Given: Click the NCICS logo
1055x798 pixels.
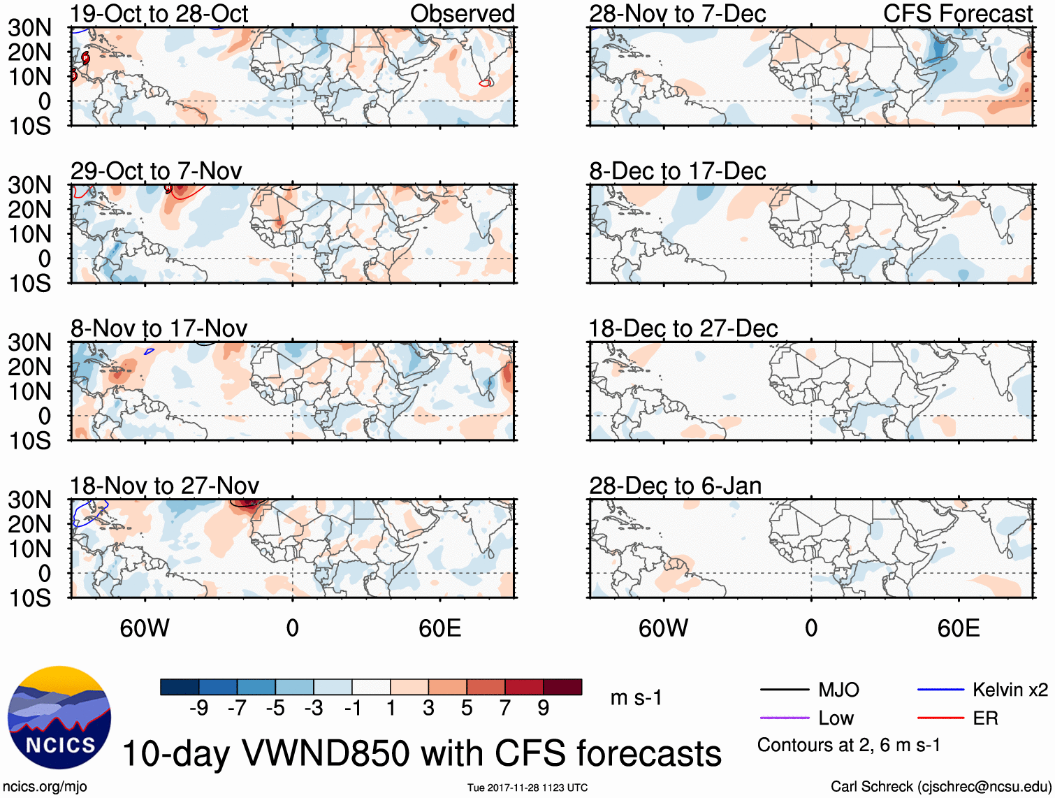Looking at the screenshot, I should [59, 718].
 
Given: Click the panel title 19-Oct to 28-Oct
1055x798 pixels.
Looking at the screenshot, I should [159, 14].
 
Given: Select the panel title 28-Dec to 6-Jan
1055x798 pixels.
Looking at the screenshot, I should [675, 486].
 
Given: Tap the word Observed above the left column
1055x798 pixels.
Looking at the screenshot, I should [462, 14].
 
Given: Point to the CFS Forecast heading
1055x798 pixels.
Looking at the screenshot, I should [957, 14].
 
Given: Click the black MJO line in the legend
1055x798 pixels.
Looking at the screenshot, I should [784, 690].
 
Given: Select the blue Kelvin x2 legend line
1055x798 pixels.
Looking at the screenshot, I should [940, 690].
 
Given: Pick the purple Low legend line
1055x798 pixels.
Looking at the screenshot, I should [784, 718].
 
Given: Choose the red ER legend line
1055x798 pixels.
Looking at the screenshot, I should [940, 718].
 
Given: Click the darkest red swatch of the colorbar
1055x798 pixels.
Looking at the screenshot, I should [562, 687].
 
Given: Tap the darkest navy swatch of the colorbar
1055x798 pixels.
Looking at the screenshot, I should [180, 687].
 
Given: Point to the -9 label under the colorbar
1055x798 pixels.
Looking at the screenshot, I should [198, 709].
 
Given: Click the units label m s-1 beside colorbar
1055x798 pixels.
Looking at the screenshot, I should [636, 698].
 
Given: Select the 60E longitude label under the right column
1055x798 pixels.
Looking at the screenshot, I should [958, 628].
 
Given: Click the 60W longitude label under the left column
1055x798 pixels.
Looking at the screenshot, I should [145, 628].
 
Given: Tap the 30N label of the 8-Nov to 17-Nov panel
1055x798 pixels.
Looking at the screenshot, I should [29, 342].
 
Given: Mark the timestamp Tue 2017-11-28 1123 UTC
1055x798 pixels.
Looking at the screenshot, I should [527, 788].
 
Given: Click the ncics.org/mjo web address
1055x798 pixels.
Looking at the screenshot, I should [45, 787].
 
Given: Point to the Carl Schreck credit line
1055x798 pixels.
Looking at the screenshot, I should [940, 787].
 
